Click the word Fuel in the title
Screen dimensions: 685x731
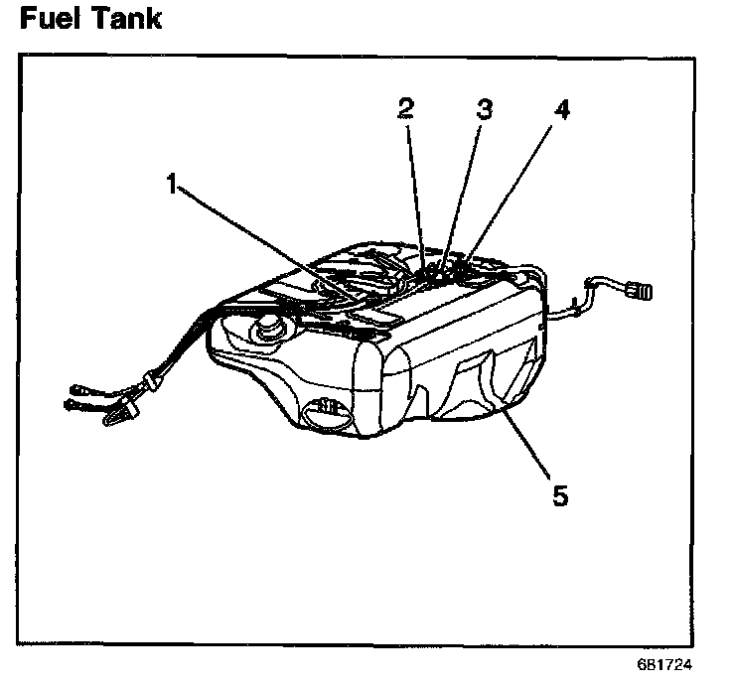tap(53, 19)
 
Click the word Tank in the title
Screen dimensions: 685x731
tap(125, 19)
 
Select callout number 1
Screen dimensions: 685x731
tap(174, 184)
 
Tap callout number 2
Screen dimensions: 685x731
tap(405, 110)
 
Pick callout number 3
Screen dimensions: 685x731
tap(484, 110)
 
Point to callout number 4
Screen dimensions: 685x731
tap(561, 110)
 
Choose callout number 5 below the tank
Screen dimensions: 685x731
tap(560, 493)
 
